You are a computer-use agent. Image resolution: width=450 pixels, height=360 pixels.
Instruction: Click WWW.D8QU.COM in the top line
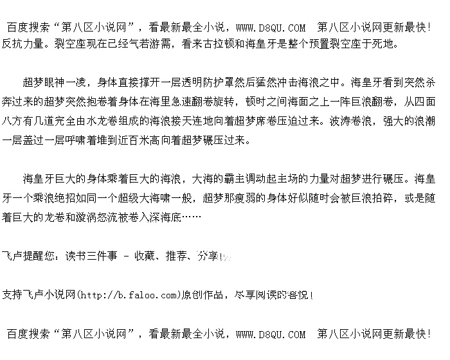point(271,28)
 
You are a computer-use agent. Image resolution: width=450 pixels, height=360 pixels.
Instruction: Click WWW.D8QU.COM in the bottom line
point(271,334)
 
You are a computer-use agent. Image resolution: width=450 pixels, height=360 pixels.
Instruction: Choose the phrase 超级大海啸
point(147,198)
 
